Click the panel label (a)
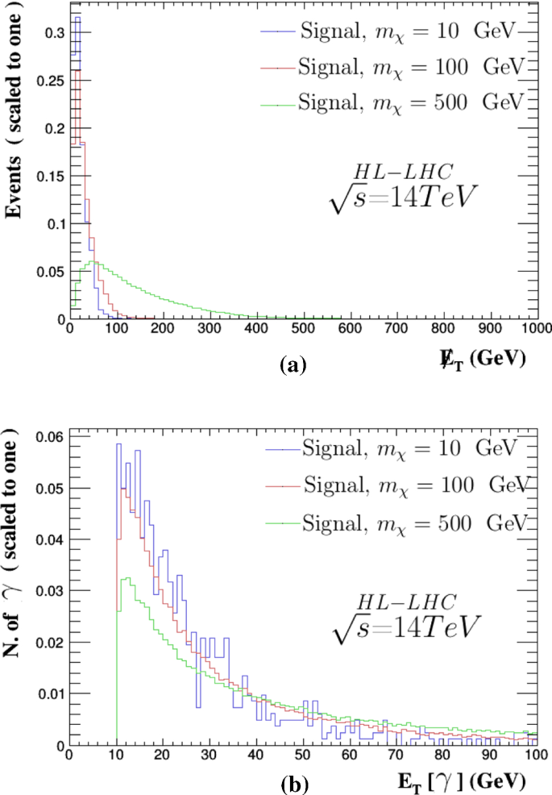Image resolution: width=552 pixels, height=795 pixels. pyautogui.click(x=292, y=365)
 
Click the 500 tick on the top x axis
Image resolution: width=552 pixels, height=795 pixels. pyautogui.click(x=303, y=330)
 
